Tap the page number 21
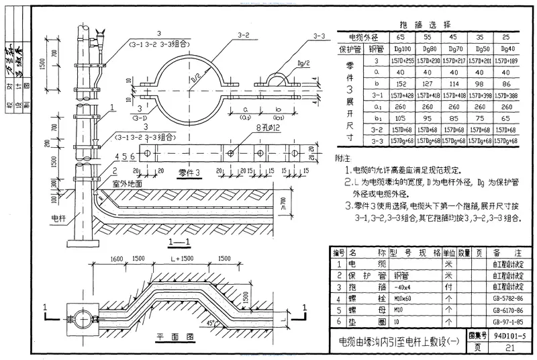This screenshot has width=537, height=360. click(x=509, y=347)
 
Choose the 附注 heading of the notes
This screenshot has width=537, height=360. click(x=342, y=157)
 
